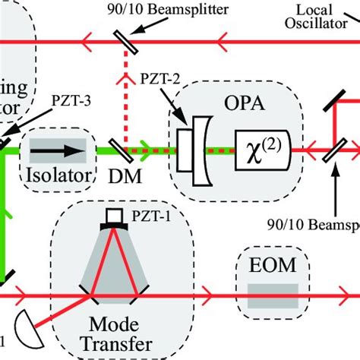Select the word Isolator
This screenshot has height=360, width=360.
[60, 175]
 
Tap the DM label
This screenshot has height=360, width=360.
[122, 176]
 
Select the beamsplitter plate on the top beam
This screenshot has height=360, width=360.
[122, 43]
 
